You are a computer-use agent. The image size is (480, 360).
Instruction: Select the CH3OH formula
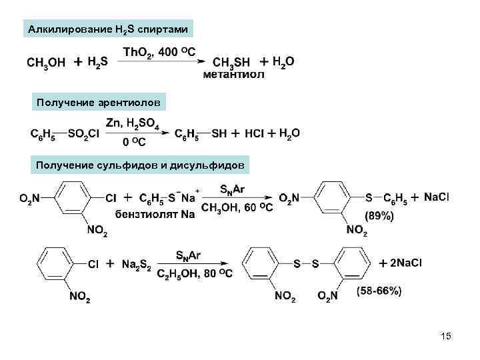46,63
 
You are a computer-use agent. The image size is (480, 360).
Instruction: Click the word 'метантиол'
233,74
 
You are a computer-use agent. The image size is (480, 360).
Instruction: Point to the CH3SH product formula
231,62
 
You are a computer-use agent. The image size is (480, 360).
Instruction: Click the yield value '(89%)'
379,216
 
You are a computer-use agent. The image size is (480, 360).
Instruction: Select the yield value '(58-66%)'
379,291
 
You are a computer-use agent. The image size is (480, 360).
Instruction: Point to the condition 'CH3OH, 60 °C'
237,208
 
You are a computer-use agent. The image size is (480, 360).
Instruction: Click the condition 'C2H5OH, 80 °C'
195,273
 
